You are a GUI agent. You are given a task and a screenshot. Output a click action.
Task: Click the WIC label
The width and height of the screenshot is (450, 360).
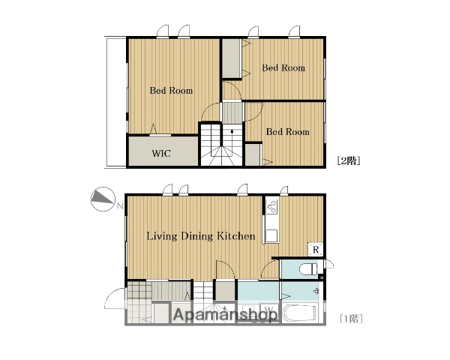point(161,153)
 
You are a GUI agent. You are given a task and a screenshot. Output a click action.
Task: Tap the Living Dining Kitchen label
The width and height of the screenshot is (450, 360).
point(201,236)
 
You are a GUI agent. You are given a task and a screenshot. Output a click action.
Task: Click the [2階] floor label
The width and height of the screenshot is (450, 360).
point(349,160)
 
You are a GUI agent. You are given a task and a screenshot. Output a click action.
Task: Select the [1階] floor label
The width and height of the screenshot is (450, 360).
point(351,319)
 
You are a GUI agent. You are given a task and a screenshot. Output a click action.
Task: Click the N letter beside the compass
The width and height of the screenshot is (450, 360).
point(120,205)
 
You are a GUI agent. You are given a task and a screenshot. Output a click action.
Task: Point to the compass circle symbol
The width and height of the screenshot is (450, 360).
point(103,199)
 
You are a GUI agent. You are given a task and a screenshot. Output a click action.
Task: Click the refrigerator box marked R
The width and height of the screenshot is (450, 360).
point(316,250)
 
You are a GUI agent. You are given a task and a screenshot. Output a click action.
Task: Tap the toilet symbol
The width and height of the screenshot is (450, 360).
point(308,269)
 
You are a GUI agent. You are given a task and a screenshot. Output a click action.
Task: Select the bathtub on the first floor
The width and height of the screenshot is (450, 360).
point(299,313)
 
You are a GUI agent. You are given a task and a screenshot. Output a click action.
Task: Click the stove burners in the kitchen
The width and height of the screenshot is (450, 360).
point(271,206)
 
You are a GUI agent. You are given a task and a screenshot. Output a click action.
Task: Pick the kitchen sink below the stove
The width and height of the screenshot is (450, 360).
point(271,236)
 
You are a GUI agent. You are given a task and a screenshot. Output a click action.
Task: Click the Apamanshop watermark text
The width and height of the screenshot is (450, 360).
point(226,315)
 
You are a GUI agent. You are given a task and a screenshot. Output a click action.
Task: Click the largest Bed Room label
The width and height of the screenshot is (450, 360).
point(171,91)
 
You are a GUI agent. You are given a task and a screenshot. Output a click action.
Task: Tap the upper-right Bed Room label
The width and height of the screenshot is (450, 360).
point(283,68)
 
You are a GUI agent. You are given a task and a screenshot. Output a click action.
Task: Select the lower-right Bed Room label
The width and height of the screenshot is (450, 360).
point(288,132)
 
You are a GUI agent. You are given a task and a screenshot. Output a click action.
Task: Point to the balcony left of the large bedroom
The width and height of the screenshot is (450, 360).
point(116,102)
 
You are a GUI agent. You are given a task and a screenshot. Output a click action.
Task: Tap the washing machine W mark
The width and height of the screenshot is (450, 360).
point(268,310)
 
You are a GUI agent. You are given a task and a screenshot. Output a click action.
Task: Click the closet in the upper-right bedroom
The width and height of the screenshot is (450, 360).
point(231,58)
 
